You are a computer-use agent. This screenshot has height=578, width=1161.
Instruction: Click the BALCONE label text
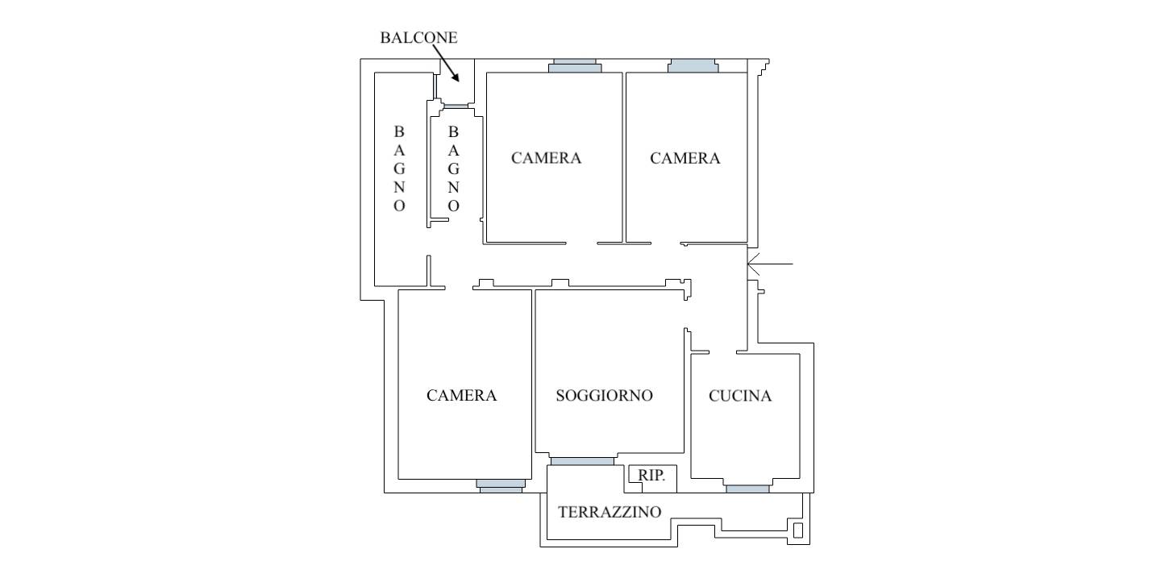tap(418, 38)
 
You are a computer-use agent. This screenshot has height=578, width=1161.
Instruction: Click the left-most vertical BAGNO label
tap(400, 168)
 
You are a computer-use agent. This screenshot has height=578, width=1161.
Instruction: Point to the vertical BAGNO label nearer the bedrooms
tap(453, 168)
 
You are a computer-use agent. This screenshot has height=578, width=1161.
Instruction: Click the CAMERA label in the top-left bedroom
tap(546, 158)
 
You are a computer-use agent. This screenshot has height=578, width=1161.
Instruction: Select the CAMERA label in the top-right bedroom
tap(685, 158)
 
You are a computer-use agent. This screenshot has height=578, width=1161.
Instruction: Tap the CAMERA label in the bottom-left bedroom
tap(461, 395)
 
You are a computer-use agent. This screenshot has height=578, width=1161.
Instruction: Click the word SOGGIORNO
tap(604, 395)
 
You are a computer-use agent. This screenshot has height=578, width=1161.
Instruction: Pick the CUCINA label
tap(740, 395)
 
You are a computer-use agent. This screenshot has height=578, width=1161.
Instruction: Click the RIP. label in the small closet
tap(651, 476)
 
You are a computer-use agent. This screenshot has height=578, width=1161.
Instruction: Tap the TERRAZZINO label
tap(610, 512)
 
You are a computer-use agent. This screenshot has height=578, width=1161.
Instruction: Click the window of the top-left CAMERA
tap(575, 67)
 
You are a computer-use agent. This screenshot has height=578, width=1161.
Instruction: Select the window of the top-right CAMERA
tap(693, 67)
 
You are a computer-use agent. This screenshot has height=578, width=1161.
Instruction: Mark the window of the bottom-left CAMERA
tap(501, 484)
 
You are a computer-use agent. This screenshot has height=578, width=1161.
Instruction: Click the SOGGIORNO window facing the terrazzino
tap(581, 461)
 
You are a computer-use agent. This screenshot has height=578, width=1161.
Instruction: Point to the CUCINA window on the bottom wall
tap(747, 488)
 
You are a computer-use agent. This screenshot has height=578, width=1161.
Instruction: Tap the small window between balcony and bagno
tap(456, 106)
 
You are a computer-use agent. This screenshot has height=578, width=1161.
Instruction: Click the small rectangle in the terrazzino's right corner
tap(798, 530)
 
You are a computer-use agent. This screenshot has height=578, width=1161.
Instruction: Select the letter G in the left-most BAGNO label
tap(400, 168)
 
